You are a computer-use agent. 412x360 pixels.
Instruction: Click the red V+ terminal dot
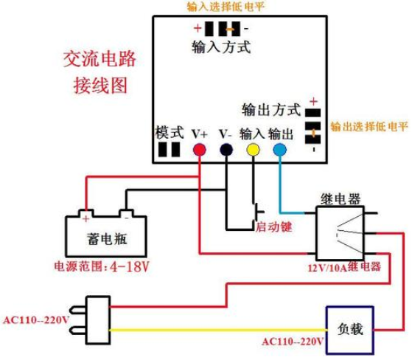pos(200,150)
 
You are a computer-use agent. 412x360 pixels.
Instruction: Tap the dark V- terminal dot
pos(226,150)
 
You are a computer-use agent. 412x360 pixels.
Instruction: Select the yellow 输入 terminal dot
pos(253,150)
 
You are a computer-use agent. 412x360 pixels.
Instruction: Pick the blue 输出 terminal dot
pos(279,150)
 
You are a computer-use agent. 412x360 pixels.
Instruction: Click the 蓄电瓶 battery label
pos(107,239)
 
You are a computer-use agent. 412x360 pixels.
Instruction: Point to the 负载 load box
pos(350,330)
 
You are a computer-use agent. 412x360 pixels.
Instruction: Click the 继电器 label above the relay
pos(341,199)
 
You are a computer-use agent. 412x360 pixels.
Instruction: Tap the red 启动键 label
pos(274,227)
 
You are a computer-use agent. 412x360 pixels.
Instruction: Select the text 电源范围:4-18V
pos(102,267)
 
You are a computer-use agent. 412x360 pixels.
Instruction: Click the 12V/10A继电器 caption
pos(344,267)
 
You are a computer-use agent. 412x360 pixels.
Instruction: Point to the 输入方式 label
pos(221,47)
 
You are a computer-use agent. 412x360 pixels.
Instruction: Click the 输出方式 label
pos(271,110)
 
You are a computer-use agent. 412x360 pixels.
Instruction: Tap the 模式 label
pos(170,132)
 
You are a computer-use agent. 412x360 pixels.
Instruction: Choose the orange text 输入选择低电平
pos(226,7)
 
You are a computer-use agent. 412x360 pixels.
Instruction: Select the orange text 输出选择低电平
pos(369,127)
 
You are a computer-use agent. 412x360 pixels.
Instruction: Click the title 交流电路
pos(99,59)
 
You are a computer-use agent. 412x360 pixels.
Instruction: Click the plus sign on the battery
pos(86,218)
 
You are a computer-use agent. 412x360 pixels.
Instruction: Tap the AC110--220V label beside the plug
pos(36,320)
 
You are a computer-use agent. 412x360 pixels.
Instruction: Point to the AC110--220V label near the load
pos(293,342)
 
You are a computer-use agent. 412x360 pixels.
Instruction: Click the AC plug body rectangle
pos(98,320)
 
